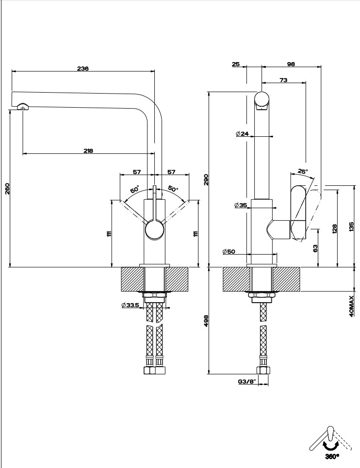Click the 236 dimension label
point(82,68)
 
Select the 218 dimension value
point(88,151)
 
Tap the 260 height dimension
point(7,188)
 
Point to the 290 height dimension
point(206,180)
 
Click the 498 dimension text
point(206,321)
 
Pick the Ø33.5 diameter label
point(131,306)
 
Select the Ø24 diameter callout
point(242,134)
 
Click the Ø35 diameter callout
point(241,206)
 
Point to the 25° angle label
point(303,171)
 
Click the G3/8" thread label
point(247,382)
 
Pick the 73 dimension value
point(284,80)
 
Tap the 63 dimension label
point(315,248)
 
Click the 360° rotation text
point(332,456)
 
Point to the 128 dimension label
point(334,228)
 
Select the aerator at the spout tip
point(22,107)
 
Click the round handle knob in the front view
point(154,229)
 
